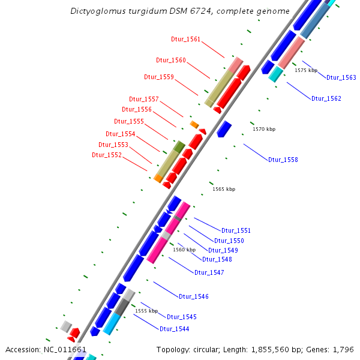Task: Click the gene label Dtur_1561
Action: [x=185, y=40]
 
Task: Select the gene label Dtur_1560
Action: [x=171, y=61]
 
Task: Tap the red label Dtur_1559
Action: [x=159, y=77]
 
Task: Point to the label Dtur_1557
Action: [x=144, y=99]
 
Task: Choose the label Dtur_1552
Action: [x=107, y=155]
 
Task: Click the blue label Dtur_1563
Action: [x=341, y=77]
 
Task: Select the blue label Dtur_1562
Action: [x=326, y=98]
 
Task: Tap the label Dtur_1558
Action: [x=283, y=160]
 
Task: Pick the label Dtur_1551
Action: [x=236, y=230]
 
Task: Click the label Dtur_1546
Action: [x=194, y=296]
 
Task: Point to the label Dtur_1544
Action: [x=174, y=329]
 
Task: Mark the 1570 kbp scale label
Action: [x=264, y=129]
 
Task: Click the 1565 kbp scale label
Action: [x=224, y=189]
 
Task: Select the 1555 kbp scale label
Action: [x=146, y=311]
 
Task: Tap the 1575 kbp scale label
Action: [x=306, y=70]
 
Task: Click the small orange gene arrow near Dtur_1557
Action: [x=194, y=124]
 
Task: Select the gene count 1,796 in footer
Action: [x=341, y=349]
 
